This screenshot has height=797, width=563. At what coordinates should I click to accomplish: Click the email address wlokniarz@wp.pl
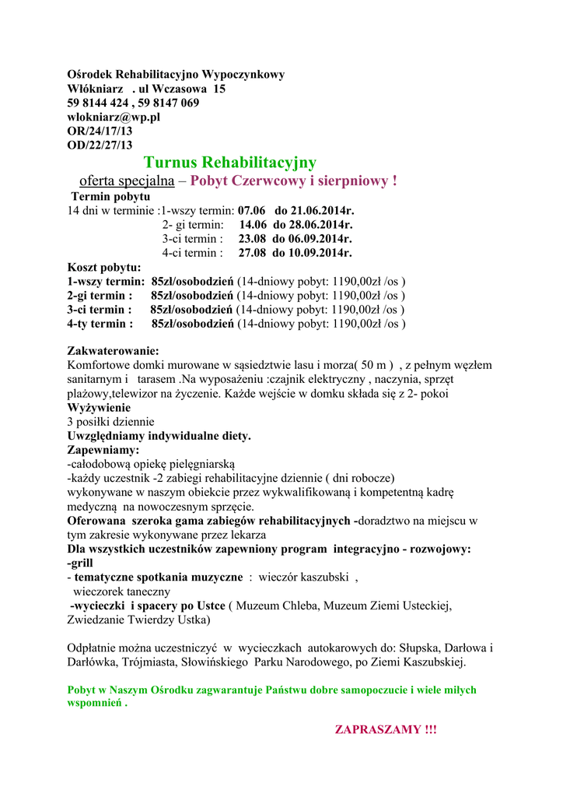click(114, 117)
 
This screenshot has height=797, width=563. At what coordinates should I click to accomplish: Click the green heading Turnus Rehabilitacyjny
click(230, 162)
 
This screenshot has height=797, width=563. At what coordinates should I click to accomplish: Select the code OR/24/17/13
click(100, 131)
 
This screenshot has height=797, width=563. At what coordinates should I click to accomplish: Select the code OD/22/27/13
click(100, 145)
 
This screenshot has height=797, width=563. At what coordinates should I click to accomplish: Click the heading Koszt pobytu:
click(104, 267)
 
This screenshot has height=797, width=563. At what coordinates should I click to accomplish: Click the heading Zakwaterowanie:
click(114, 351)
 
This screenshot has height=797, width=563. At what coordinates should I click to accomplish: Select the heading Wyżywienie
click(100, 407)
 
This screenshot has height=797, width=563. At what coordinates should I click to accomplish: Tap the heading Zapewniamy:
click(103, 450)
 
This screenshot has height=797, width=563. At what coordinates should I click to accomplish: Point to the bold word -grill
click(80, 563)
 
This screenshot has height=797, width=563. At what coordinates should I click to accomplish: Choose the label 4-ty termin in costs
click(100, 324)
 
